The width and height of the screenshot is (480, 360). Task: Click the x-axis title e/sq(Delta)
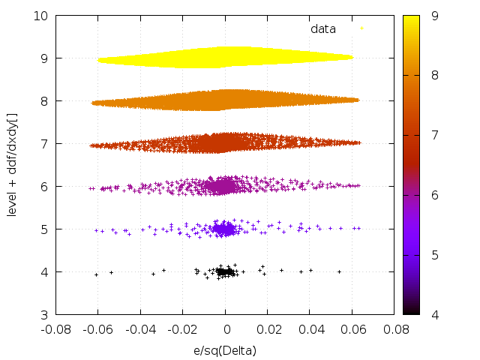click(x=226, y=349)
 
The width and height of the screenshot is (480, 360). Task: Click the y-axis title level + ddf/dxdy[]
click(x=13, y=165)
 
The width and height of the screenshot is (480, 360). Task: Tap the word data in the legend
click(x=323, y=28)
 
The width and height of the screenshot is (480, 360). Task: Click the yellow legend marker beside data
click(x=361, y=28)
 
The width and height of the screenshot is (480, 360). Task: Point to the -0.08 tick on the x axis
click(x=56, y=328)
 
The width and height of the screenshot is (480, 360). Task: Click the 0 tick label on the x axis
click(x=226, y=328)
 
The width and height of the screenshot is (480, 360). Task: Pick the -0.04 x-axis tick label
click(x=141, y=328)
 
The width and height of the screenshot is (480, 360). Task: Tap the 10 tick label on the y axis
click(x=41, y=15)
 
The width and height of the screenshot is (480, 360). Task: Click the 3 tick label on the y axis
click(x=45, y=314)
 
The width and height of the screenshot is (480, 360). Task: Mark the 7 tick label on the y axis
click(x=45, y=143)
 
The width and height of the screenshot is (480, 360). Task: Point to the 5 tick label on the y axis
click(x=45, y=229)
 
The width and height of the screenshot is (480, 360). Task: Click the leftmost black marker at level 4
click(x=96, y=274)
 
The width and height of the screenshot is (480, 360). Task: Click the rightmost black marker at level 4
click(x=339, y=271)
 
